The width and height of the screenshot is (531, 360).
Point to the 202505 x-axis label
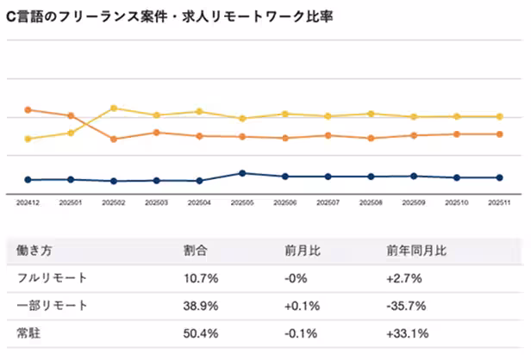[242, 202]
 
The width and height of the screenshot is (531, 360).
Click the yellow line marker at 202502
[114, 108]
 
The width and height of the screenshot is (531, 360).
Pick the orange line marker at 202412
[28, 109]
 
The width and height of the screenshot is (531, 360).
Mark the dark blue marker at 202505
[242, 173]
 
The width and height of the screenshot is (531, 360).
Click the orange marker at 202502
[114, 139]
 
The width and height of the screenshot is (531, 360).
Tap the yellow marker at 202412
[28, 139]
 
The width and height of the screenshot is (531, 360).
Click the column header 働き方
[35, 251]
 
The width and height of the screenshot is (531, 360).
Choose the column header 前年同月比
[416, 251]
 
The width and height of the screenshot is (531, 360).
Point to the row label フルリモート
[51, 278]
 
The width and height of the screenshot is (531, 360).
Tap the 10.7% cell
[201, 278]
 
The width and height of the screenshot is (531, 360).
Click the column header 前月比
[303, 251]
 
